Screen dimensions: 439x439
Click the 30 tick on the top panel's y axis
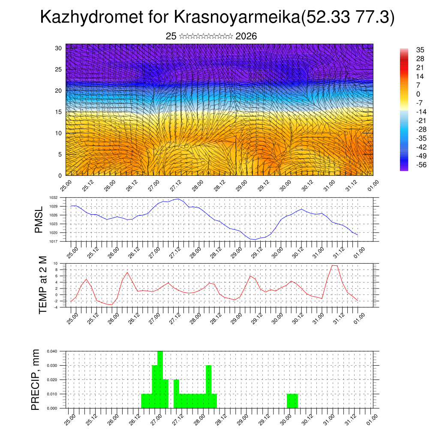tap(59, 48)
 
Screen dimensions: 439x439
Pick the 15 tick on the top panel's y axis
tap(59, 112)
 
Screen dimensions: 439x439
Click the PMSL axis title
tap(39, 219)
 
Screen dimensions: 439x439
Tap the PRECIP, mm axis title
tap(36, 379)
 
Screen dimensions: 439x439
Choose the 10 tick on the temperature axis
tap(55, 263)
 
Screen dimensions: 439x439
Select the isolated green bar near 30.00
tap(292, 401)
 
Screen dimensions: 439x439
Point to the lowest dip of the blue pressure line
tap(254, 240)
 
